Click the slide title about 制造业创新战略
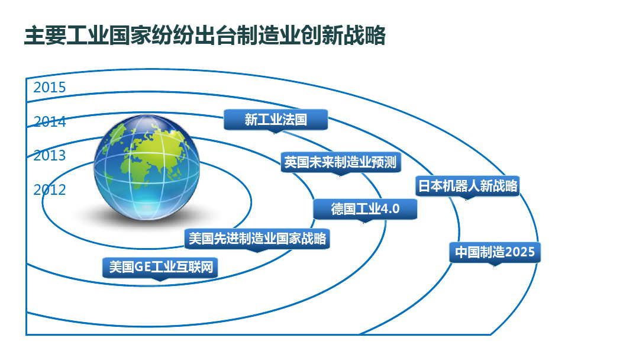[205, 36]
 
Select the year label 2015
[49, 87]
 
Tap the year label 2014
[49, 121]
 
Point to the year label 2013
[49, 155]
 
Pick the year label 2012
[49, 189]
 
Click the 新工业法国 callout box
[276, 120]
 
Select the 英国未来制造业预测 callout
[340, 163]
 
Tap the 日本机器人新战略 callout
[467, 187]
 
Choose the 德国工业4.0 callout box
[365, 209]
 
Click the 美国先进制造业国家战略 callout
[257, 239]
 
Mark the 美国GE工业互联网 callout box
[160, 268]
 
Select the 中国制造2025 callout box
[495, 252]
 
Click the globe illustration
[147, 167]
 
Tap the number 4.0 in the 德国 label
[389, 209]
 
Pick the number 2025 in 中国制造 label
[520, 252]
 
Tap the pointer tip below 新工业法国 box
[276, 133]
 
